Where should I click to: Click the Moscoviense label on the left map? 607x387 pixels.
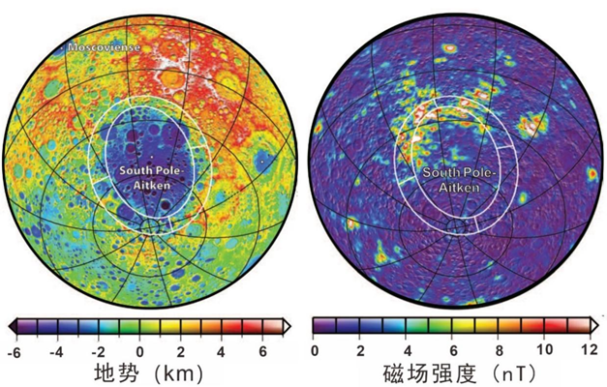(x=103, y=46)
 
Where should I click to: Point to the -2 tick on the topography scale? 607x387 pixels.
(x=98, y=349)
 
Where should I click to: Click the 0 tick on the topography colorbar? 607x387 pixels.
(x=141, y=349)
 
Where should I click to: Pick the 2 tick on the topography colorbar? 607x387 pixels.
(x=182, y=349)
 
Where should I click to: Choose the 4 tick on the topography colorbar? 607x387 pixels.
(x=224, y=349)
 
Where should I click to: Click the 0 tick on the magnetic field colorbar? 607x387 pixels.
(x=316, y=349)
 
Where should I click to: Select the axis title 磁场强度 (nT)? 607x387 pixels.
(x=450, y=373)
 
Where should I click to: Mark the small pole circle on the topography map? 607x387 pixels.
(x=151, y=227)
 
